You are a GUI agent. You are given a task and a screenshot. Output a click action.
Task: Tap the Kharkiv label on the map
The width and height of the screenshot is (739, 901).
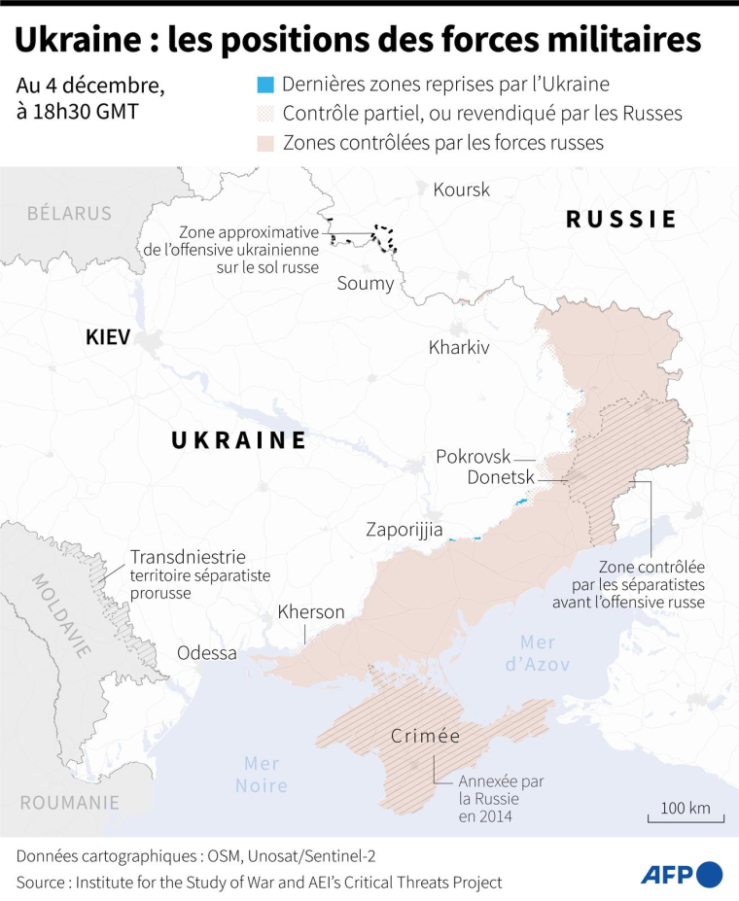(458, 347)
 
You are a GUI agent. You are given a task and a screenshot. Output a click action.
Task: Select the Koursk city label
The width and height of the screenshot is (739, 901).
(461, 190)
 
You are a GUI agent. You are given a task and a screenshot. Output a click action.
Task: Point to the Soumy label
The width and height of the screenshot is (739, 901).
(365, 284)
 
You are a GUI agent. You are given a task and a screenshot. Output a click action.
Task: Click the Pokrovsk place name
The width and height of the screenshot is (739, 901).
(473, 456)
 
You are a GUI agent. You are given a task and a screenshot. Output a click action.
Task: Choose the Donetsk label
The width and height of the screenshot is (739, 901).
(500, 478)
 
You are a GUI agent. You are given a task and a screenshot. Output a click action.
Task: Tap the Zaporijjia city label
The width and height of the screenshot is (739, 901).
(404, 531)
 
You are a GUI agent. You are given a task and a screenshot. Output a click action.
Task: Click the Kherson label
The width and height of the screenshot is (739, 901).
(311, 612)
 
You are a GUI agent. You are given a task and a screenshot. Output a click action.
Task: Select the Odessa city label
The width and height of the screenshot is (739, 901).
(206, 653)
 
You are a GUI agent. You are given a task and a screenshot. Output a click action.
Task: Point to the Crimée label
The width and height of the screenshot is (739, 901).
(425, 736)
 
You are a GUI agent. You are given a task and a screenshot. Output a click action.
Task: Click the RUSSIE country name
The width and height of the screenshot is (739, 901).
(621, 220)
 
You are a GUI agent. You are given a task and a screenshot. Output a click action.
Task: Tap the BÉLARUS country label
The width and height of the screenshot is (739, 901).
(69, 213)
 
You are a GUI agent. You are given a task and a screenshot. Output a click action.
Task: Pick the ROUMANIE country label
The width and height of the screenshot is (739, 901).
(70, 803)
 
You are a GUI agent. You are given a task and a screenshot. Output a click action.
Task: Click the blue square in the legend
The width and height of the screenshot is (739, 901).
(266, 85)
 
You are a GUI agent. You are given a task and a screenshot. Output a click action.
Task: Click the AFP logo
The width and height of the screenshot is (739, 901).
(681, 874)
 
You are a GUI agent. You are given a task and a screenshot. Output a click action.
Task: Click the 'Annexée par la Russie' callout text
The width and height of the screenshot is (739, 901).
(501, 799)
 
